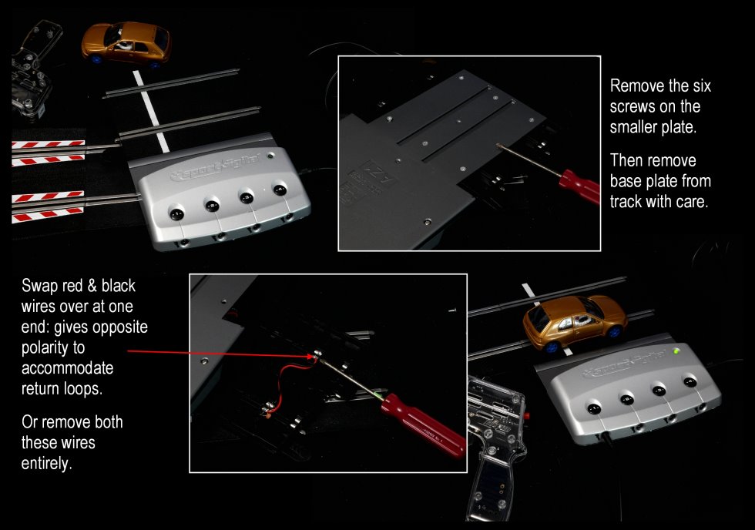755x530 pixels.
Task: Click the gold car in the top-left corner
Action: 126,43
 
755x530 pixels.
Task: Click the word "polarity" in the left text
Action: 53,348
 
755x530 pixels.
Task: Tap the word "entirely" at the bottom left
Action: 46,464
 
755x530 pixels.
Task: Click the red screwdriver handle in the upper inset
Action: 579,186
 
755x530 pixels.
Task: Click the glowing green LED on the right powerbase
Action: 677,351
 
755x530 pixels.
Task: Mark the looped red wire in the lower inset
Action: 288,383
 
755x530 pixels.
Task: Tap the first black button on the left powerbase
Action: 176,213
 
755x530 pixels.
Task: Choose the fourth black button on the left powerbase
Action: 280,190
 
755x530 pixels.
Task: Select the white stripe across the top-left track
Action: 151,111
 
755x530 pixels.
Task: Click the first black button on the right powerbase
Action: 594,408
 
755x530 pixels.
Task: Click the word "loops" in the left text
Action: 82,389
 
